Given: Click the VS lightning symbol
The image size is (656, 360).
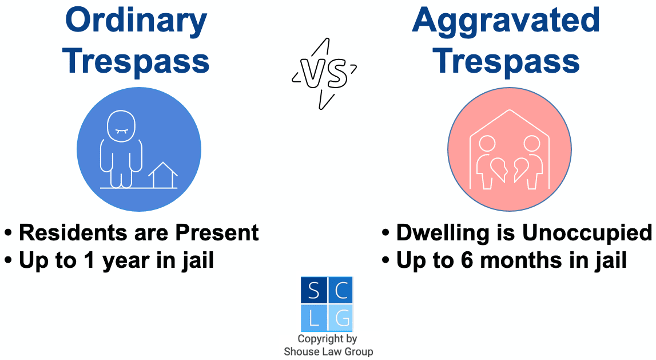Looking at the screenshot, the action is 325,74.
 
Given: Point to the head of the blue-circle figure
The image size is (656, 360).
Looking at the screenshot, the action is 121,126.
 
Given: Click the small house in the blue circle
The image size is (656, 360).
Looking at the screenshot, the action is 163,175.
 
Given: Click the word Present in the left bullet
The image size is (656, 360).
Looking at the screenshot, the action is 217,232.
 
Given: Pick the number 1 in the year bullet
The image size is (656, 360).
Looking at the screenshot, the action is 89,260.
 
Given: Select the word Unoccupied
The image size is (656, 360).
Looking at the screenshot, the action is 587,233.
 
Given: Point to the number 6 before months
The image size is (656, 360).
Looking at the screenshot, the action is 467,260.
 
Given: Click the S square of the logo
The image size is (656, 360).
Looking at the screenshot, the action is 314,290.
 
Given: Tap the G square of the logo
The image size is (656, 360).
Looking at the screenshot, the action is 340,318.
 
